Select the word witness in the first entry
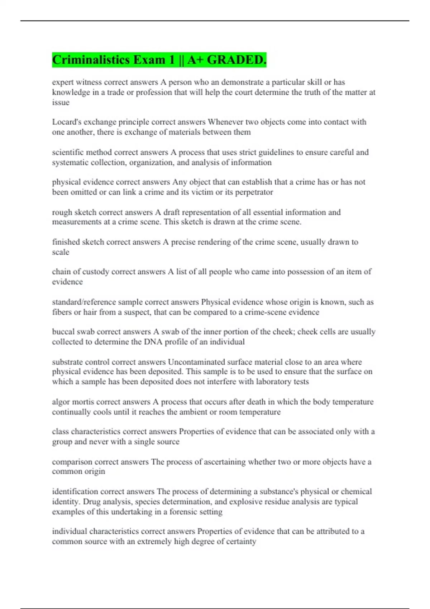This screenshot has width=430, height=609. tap(89, 82)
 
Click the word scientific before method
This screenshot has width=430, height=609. tap(68, 152)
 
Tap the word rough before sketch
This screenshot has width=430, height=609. tap(62, 212)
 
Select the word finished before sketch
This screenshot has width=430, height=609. tap(66, 242)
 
